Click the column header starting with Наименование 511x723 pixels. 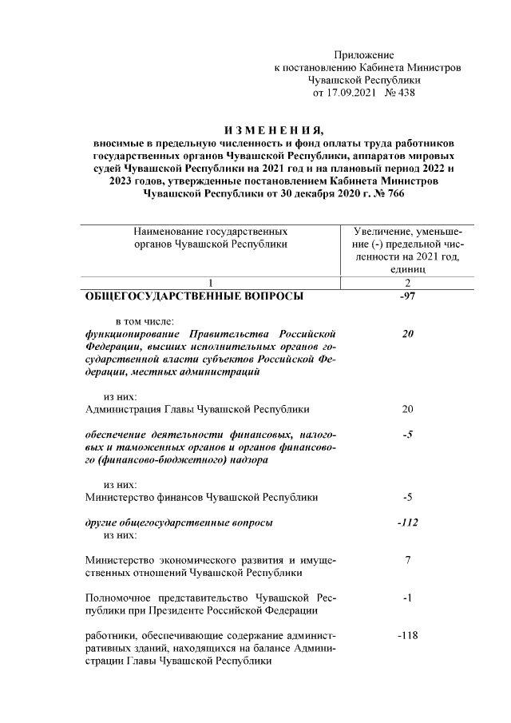pos(209,237)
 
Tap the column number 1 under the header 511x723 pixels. pos(209,283)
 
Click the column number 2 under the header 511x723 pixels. pos(407,283)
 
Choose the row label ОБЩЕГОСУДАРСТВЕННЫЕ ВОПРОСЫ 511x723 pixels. pos(194,296)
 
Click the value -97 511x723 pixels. pos(407,296)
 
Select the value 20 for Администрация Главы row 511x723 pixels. pos(407,410)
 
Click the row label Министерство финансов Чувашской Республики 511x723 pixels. pos(201,497)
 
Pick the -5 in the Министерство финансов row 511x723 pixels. pos(407,497)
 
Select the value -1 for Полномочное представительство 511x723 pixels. pos(407,598)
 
